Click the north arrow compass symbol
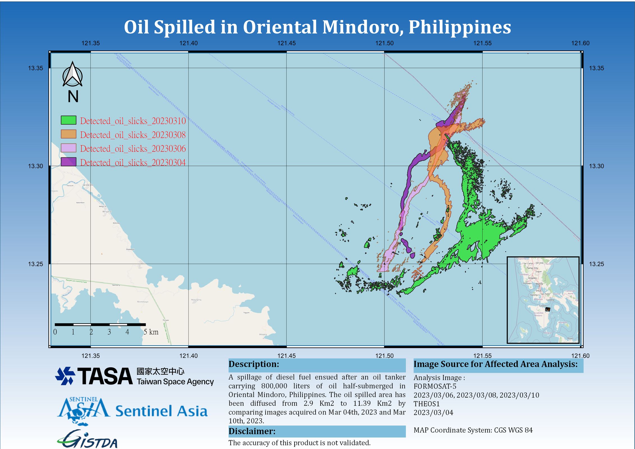72,74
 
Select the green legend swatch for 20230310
68,120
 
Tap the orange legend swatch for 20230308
68,134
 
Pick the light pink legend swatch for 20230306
68,148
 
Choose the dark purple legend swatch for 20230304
68,162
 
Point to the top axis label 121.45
286,43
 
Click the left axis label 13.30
36,166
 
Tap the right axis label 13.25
596,264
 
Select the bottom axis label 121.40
188,356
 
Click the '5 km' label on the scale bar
151,332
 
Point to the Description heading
254,364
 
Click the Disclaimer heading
252,431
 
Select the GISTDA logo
88,440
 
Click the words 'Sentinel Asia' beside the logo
161,411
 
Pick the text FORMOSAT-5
435,386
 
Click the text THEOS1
426,404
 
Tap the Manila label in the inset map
539,284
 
